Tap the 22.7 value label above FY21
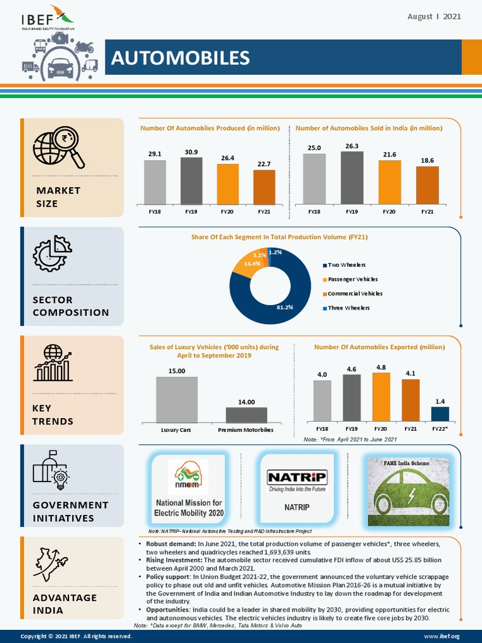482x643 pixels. click(x=264, y=165)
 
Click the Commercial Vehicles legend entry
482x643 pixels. click(x=355, y=293)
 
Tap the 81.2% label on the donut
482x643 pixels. click(x=285, y=308)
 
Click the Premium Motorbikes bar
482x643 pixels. click(x=246, y=414)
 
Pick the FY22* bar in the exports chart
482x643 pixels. click(x=440, y=414)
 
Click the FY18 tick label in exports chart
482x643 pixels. click(x=322, y=428)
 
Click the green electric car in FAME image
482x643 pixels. click(x=411, y=491)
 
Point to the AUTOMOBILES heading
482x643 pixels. click(x=180, y=58)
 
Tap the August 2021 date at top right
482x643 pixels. click(x=434, y=16)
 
